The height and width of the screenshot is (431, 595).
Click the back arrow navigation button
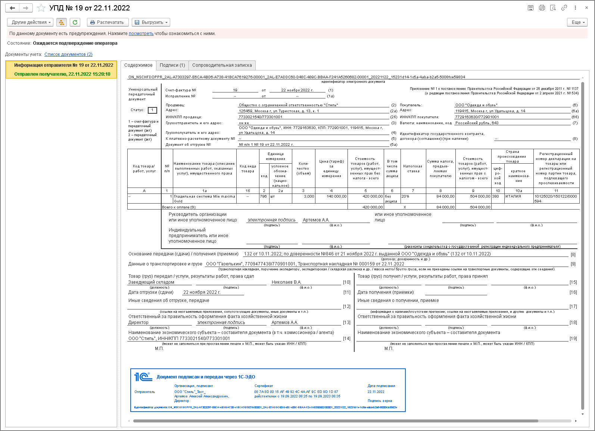(x=12, y=8)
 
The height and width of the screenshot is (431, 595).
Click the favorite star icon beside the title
(x=41, y=8)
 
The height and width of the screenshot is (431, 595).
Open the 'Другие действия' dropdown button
(x=30, y=22)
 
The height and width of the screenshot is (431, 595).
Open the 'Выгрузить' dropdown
(x=151, y=22)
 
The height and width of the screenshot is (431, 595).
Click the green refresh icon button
(x=75, y=22)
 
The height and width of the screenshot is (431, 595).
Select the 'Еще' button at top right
(x=577, y=22)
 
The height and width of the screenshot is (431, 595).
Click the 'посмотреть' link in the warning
(x=141, y=34)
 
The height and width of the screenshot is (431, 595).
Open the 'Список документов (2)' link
(x=68, y=54)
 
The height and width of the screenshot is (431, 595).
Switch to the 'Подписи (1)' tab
(x=172, y=65)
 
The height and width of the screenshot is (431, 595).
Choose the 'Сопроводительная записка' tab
(x=222, y=65)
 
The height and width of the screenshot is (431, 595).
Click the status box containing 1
(x=152, y=110)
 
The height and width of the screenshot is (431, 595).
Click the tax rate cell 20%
(x=405, y=196)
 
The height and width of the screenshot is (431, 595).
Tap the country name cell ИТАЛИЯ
(x=513, y=196)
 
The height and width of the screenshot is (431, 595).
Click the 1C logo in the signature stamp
(x=143, y=377)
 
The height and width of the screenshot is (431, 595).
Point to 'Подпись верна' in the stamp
(x=380, y=401)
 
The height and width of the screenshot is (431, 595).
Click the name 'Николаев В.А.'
(x=286, y=282)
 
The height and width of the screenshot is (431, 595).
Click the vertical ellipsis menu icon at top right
(x=575, y=8)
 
